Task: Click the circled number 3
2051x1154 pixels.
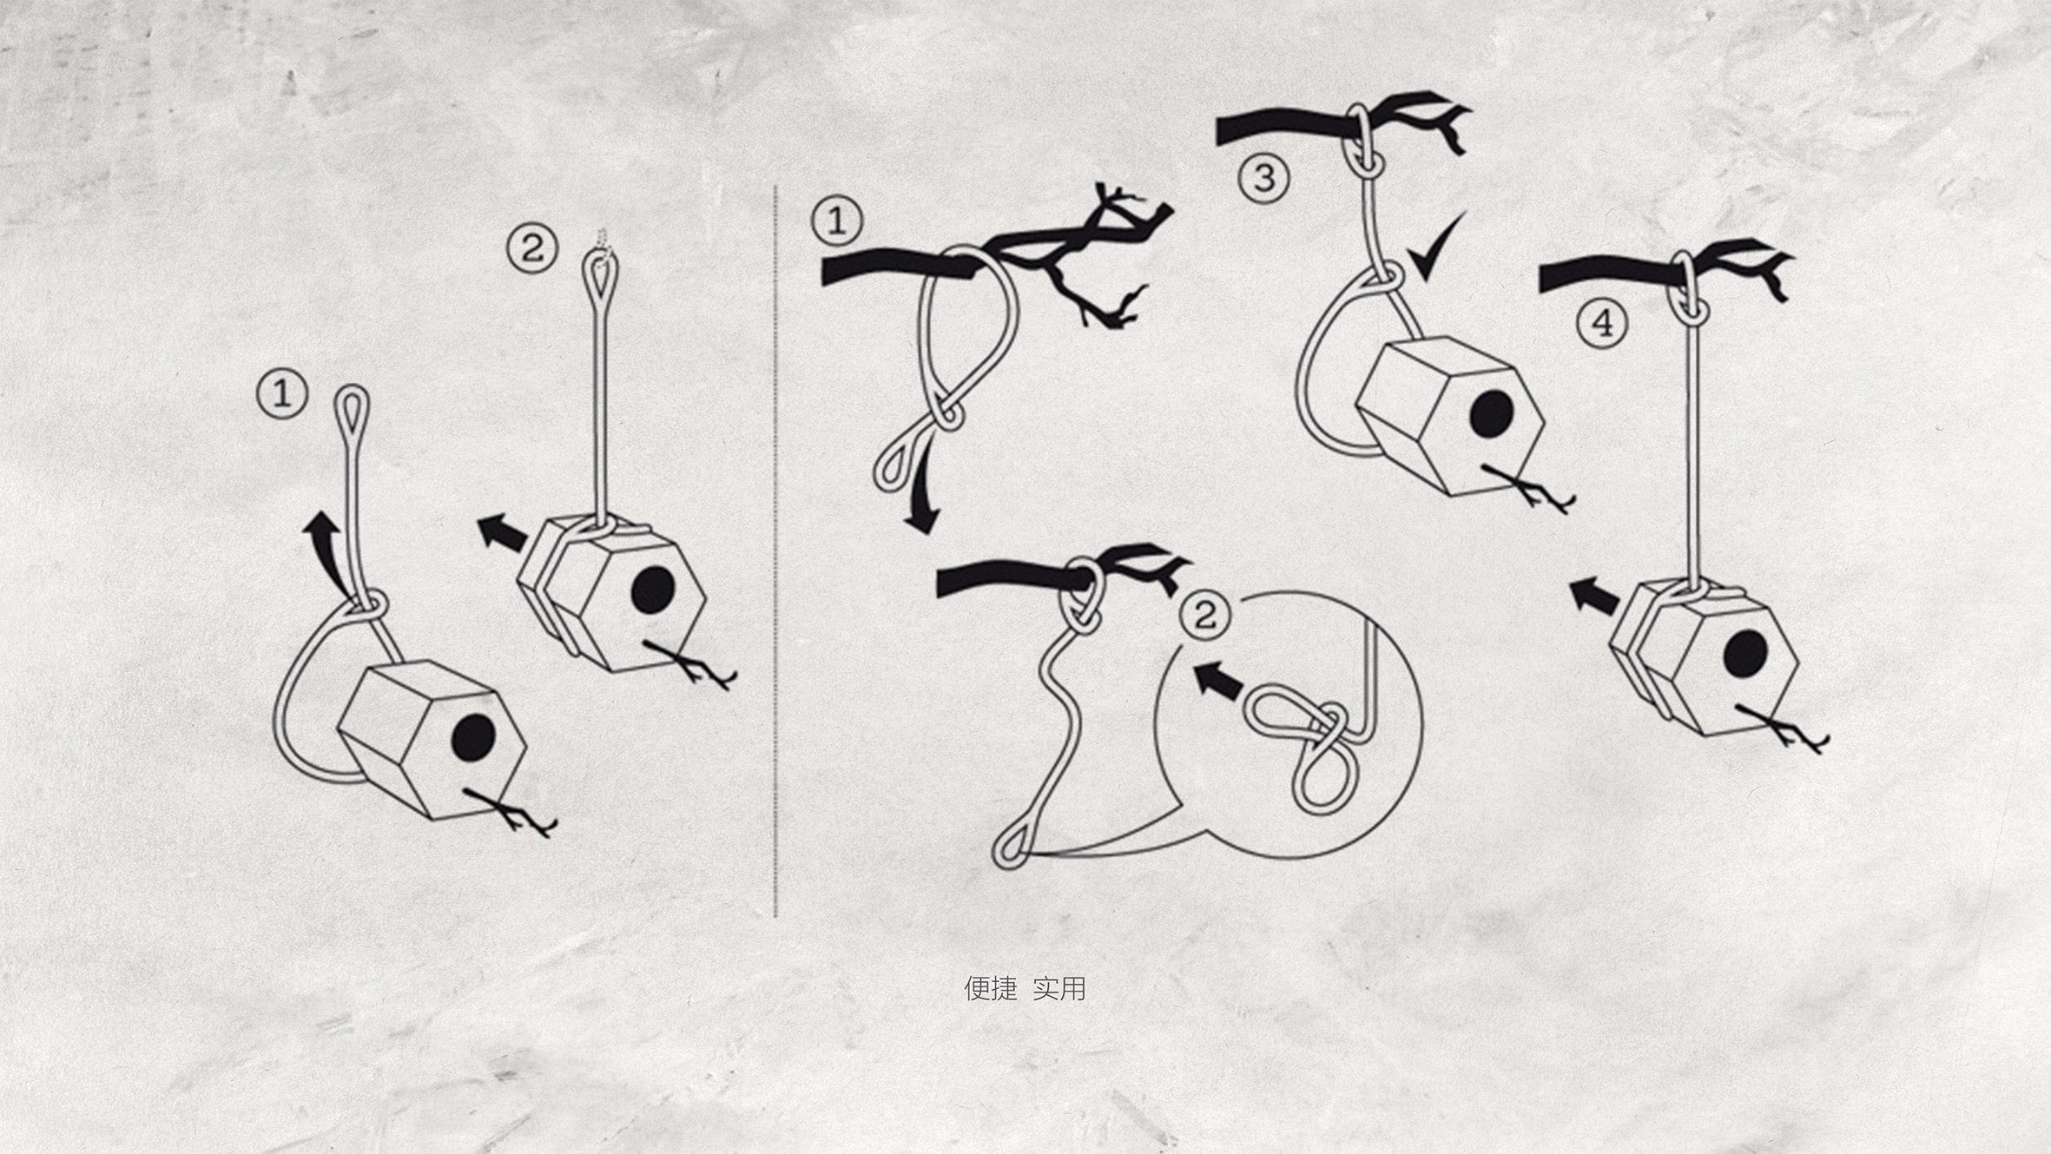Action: coord(1263,177)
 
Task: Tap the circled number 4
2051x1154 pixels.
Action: coord(1602,324)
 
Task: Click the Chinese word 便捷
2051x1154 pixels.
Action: coord(990,987)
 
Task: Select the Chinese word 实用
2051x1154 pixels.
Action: coord(1059,987)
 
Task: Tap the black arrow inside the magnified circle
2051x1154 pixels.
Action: coord(1219,680)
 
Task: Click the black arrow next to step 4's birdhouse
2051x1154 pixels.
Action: coord(1594,596)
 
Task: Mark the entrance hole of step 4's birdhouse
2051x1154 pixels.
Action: coord(1745,654)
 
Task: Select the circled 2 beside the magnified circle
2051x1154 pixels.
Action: coord(1205,615)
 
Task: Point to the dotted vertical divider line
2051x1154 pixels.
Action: coord(775,551)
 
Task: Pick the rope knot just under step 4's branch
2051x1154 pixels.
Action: coord(1687,306)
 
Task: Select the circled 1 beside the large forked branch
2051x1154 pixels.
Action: coord(837,221)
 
